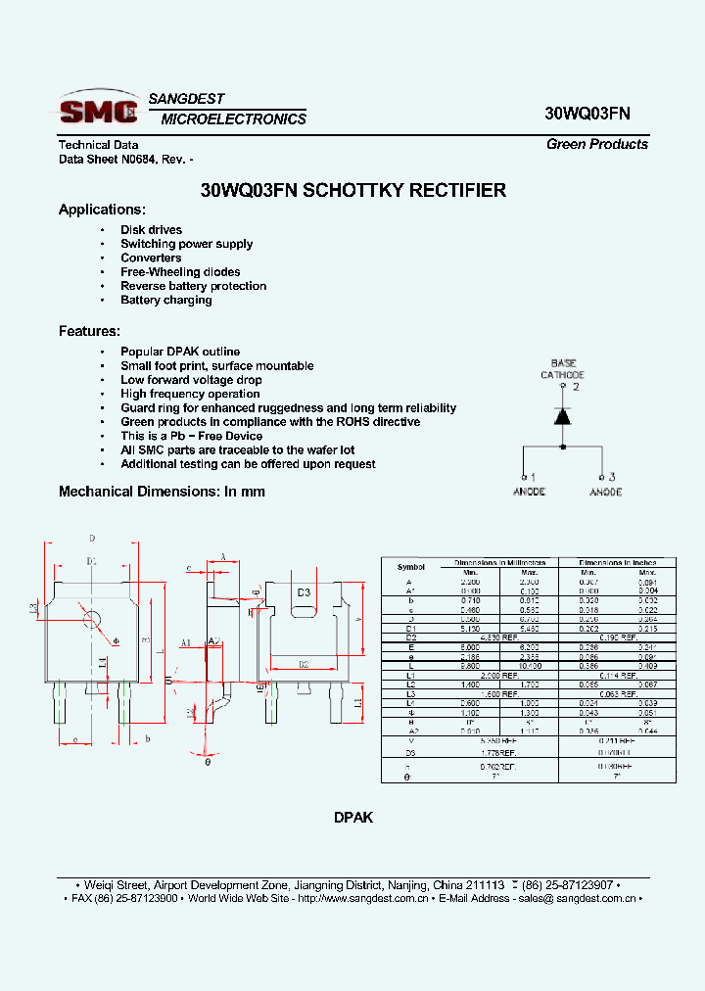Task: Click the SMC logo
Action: [x=98, y=109]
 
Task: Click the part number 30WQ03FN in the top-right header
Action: [x=587, y=114]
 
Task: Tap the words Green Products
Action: [x=596, y=144]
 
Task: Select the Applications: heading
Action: [x=102, y=210]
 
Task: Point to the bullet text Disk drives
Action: [x=151, y=230]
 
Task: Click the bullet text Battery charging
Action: [x=165, y=301]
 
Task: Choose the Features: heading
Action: [x=89, y=331]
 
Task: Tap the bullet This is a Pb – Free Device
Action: [x=191, y=436]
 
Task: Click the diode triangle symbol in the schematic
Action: [x=563, y=415]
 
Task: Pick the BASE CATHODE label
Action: [x=563, y=368]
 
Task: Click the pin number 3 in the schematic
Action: [x=611, y=477]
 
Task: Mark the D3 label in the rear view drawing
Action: [x=304, y=592]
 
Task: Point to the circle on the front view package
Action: [x=93, y=619]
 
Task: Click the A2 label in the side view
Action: [x=215, y=642]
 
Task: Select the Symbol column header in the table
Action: [x=411, y=567]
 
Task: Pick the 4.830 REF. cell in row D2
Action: [x=498, y=638]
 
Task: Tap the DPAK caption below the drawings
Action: [x=353, y=818]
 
